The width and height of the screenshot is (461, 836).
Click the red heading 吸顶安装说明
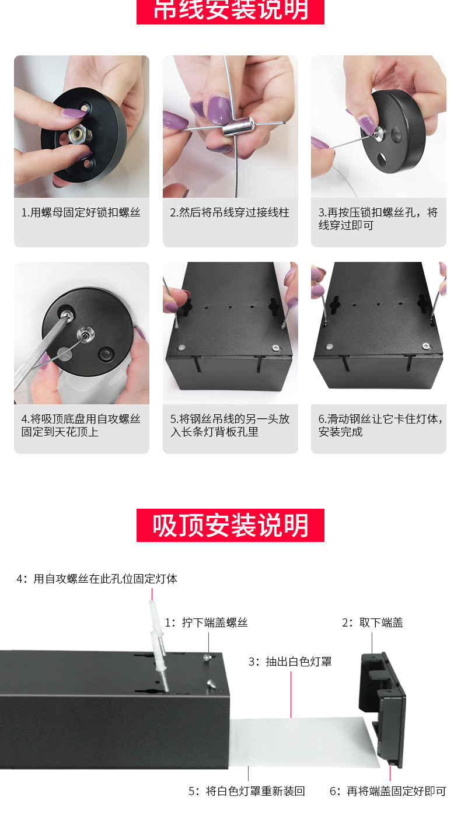point(230,525)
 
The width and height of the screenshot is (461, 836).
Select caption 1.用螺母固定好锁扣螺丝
point(81,213)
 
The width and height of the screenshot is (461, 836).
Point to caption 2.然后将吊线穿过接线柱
point(229,213)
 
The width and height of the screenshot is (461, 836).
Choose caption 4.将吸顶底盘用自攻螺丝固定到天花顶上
point(81,425)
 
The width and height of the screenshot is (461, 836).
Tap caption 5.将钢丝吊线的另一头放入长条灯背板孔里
point(229,425)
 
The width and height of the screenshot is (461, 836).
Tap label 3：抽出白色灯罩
point(290,662)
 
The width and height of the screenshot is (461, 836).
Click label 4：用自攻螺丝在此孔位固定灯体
point(97,579)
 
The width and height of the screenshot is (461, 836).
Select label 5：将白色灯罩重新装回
point(246,791)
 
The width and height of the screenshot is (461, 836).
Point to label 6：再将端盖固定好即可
point(387,791)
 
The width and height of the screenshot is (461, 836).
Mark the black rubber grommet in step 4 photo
point(106,354)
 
